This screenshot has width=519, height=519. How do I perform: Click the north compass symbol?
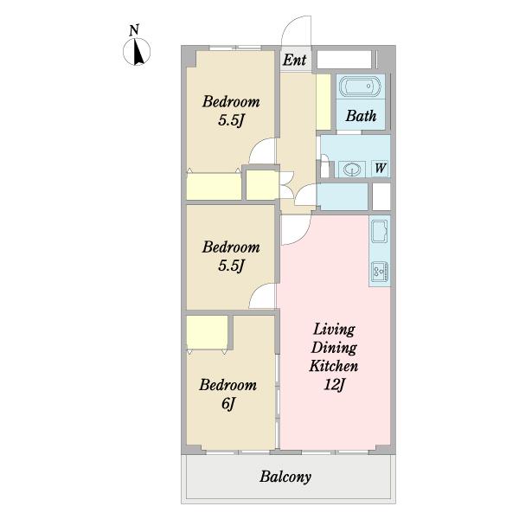(x=137, y=52)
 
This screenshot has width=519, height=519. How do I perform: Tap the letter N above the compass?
(x=134, y=30)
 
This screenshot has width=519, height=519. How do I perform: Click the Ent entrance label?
(x=295, y=60)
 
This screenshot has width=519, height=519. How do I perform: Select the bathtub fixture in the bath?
(x=361, y=86)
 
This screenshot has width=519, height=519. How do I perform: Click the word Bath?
(x=361, y=116)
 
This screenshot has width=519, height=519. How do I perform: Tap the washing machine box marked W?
(x=380, y=168)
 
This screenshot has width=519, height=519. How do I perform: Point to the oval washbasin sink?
(x=351, y=170)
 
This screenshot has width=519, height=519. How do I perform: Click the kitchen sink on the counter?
(x=380, y=231)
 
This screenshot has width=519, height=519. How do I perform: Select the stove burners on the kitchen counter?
(x=380, y=272)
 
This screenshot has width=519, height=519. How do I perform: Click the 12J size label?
(x=334, y=385)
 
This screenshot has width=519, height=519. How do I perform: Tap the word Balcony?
(x=285, y=477)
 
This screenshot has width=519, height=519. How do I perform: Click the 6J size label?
(x=228, y=403)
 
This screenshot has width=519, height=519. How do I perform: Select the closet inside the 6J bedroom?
(x=208, y=332)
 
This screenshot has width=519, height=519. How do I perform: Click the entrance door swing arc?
(x=287, y=26)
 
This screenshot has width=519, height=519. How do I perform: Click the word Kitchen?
(x=334, y=366)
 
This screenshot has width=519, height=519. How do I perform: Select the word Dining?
(x=334, y=348)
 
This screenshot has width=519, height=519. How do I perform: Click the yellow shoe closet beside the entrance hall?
(x=324, y=102)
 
